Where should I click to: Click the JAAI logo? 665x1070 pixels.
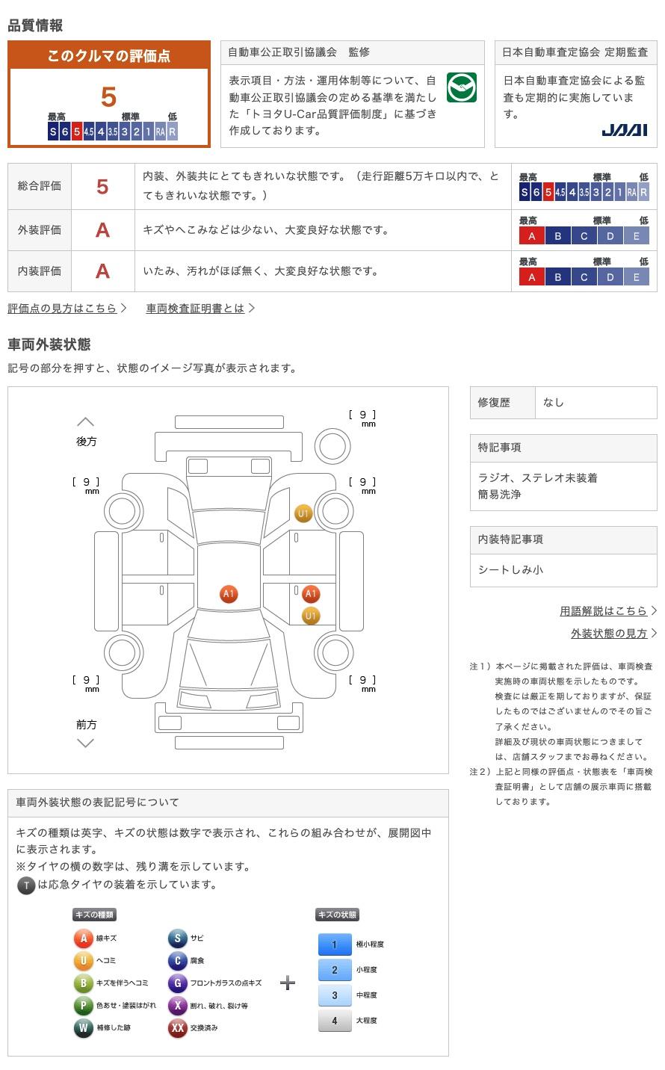coord(624,130)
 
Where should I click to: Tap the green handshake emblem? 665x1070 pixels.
coord(461,87)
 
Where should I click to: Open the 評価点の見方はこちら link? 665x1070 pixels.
coord(63,308)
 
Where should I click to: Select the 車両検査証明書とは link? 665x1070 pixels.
coord(196,308)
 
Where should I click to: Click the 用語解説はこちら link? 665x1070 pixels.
coord(604,610)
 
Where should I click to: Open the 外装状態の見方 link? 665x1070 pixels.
coord(609,633)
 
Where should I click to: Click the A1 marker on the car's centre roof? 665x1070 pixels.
coord(229,594)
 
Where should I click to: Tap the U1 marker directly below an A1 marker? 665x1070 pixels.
coord(310,616)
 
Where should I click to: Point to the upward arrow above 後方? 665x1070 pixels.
coord(86,422)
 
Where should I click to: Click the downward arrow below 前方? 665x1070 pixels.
coord(86,743)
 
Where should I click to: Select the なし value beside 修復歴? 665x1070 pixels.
coord(554,402)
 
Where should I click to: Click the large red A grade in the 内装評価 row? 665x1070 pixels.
coord(102,270)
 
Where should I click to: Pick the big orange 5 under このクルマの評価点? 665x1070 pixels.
coord(109,97)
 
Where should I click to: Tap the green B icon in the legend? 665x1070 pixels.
coord(83,983)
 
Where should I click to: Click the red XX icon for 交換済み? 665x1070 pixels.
coord(177,1027)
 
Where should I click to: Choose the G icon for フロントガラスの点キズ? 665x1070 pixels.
coord(177,983)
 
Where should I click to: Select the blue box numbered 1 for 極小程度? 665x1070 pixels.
coord(334,944)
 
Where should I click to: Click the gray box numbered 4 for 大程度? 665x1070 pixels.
coord(334,1020)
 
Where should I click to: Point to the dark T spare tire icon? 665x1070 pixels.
coord(26,885)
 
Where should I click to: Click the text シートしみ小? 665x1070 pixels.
coord(510,569)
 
